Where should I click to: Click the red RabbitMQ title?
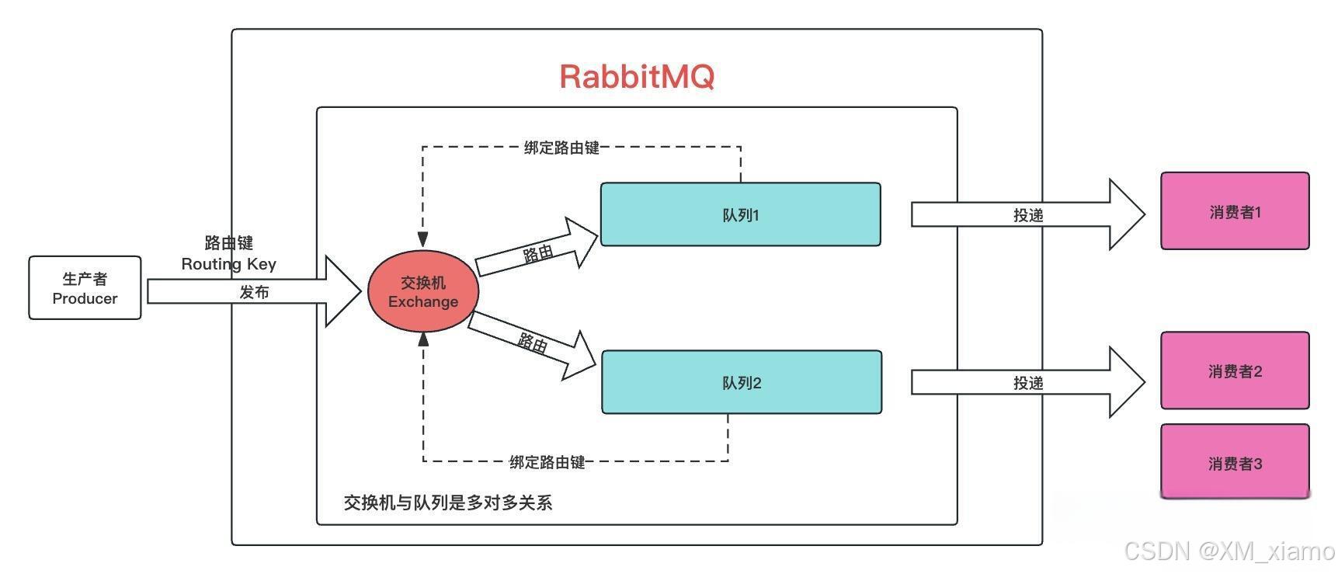click(x=636, y=76)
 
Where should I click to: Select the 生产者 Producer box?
click(x=85, y=288)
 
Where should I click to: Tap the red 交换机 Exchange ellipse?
click(x=422, y=291)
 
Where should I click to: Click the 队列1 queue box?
click(x=740, y=214)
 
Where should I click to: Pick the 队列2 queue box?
click(x=742, y=382)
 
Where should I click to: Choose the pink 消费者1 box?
click(x=1235, y=211)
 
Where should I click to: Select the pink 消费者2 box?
click(x=1235, y=371)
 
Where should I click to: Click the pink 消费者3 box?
click(x=1235, y=463)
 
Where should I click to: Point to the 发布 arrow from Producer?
click(x=254, y=292)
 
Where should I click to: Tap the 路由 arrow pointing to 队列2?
click(x=533, y=343)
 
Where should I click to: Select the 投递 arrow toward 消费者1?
click(x=1027, y=215)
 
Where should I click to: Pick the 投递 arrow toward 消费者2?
click(x=1027, y=383)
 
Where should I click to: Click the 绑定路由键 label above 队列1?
click(x=561, y=148)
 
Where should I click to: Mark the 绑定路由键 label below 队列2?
click(x=547, y=462)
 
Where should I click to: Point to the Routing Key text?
click(x=228, y=264)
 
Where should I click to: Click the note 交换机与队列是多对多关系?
click(x=448, y=503)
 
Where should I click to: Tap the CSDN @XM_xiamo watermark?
click(x=1229, y=551)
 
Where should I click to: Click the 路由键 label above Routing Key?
click(x=228, y=243)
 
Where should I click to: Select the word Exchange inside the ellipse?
click(x=422, y=301)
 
